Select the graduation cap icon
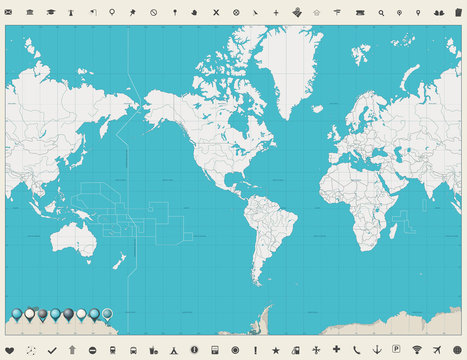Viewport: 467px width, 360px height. (x=30, y=12)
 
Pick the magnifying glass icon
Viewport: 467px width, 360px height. (x=381, y=12)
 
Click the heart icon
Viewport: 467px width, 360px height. (x=10, y=349)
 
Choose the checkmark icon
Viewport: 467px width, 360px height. (x=52, y=349)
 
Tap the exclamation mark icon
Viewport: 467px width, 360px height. (x=256, y=349)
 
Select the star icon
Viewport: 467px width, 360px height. (x=276, y=349)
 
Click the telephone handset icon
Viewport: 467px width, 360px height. (x=358, y=349)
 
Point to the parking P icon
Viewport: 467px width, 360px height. (x=397, y=349)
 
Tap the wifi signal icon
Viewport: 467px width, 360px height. (x=417, y=349)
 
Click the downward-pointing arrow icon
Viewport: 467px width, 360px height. (x=378, y=349)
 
